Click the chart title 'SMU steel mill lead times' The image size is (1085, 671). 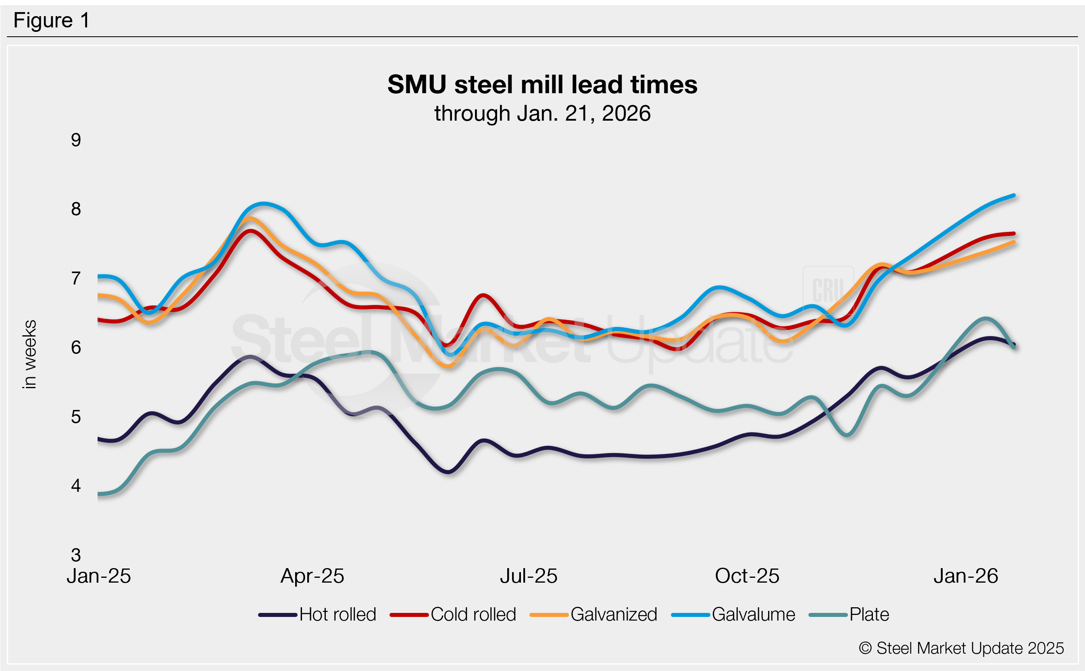click(542, 84)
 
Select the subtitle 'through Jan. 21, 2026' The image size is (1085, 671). click(542, 114)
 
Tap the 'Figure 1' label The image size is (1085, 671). click(52, 21)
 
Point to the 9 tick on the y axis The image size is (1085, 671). click(76, 140)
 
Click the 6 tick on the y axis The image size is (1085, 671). click(76, 347)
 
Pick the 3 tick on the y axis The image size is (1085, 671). click(76, 555)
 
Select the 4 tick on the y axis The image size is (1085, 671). click(76, 486)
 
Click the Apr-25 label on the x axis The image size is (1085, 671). click(312, 576)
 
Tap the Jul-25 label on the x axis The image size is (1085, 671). click(529, 576)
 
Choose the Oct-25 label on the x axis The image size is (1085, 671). click(747, 576)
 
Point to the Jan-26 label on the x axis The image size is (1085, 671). click(966, 576)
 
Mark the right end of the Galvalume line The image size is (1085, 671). click(1014, 195)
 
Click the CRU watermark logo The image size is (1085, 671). click(828, 290)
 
